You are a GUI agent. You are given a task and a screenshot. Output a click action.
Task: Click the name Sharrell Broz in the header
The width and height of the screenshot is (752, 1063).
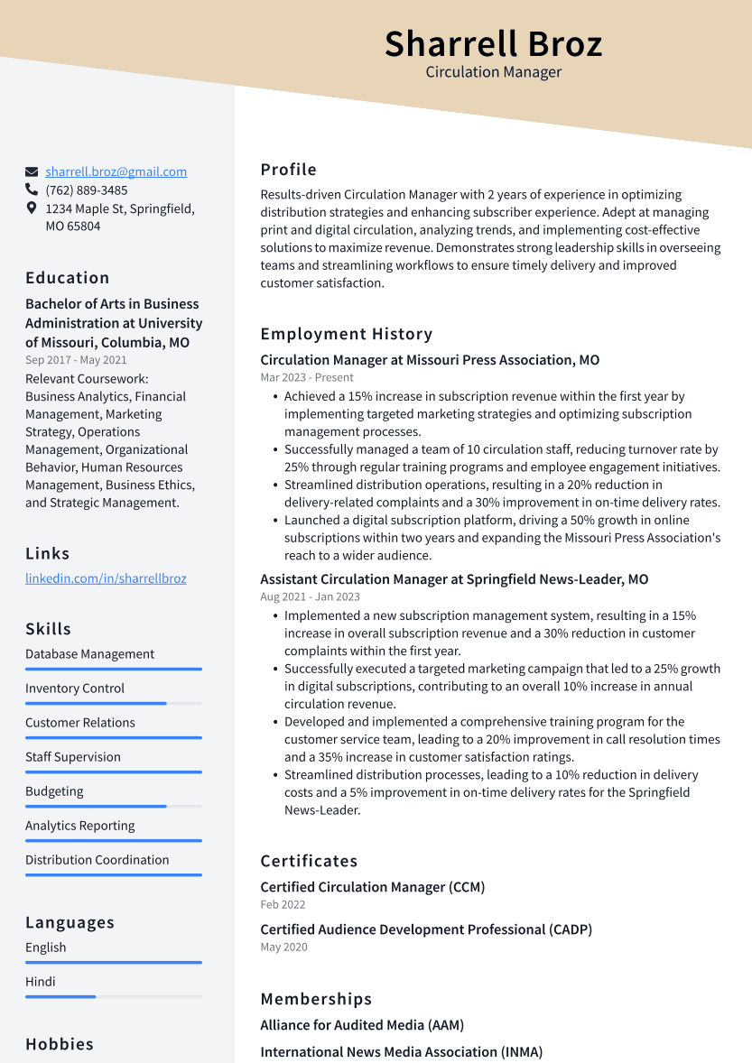click(493, 43)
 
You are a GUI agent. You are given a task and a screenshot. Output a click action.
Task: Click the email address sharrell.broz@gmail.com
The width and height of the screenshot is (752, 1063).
click(116, 171)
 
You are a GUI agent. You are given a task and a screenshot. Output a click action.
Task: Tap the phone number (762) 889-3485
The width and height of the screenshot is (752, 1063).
click(87, 190)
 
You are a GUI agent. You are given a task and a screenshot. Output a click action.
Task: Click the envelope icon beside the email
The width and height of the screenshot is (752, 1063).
click(32, 171)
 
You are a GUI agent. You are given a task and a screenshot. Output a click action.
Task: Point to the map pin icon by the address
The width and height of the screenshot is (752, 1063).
click(32, 208)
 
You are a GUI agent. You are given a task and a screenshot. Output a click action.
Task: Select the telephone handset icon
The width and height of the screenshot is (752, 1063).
click(32, 190)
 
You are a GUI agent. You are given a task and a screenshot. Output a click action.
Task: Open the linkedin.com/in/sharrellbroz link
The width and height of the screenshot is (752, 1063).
click(106, 578)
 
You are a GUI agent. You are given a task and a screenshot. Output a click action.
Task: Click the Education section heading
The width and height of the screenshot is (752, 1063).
click(68, 278)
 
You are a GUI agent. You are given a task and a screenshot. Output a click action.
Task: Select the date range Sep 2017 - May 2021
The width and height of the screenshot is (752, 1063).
click(76, 360)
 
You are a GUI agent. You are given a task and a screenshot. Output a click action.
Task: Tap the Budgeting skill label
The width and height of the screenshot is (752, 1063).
click(54, 791)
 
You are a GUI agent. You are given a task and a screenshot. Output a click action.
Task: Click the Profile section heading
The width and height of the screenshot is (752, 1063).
click(289, 170)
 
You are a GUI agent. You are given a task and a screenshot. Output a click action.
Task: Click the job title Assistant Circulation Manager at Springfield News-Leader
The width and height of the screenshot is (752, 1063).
click(454, 579)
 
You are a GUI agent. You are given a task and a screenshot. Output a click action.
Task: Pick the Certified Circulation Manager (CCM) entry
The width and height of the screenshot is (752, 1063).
click(373, 887)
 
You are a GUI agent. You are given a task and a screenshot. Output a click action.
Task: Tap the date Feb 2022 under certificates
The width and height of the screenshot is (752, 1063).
click(283, 904)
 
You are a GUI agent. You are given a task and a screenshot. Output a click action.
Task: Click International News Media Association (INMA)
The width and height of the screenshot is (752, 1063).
click(401, 1052)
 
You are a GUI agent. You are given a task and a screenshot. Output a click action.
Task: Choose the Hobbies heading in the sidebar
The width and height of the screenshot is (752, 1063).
click(60, 1044)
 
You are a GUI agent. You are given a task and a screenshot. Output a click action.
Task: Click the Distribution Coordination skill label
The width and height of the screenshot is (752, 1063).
click(97, 860)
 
